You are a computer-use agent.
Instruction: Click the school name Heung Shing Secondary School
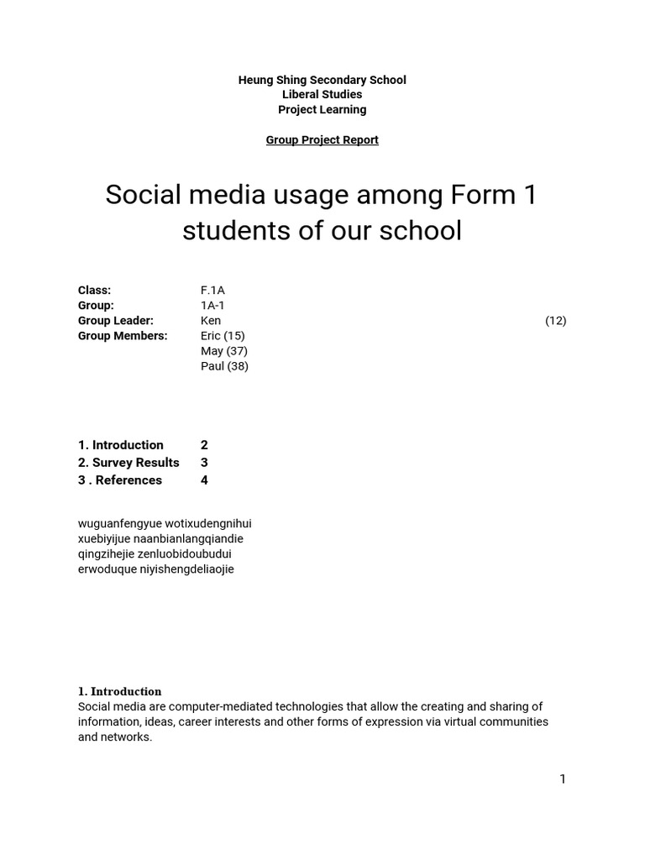pos(322,80)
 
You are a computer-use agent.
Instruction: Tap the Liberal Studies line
pos(322,95)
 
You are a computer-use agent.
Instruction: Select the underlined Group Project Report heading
pos(322,140)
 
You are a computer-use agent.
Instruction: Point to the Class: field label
pos(94,291)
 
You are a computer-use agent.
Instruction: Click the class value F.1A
pos(212,291)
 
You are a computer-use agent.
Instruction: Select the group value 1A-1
pos(212,306)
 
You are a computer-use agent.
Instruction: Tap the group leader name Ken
pos(211,321)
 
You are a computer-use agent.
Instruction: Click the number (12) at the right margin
pos(555,321)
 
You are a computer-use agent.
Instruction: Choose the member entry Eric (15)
pos(223,336)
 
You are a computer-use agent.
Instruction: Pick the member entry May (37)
pos(223,351)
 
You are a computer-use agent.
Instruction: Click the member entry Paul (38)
pos(224,366)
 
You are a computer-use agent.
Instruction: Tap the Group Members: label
pos(123,336)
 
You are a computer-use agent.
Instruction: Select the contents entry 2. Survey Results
pos(128,463)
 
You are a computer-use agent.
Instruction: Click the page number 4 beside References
pos(204,480)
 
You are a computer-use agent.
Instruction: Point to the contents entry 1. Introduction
pos(121,445)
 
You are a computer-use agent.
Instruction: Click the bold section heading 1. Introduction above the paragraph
pos(119,692)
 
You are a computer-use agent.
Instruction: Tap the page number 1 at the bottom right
pos(563,779)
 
